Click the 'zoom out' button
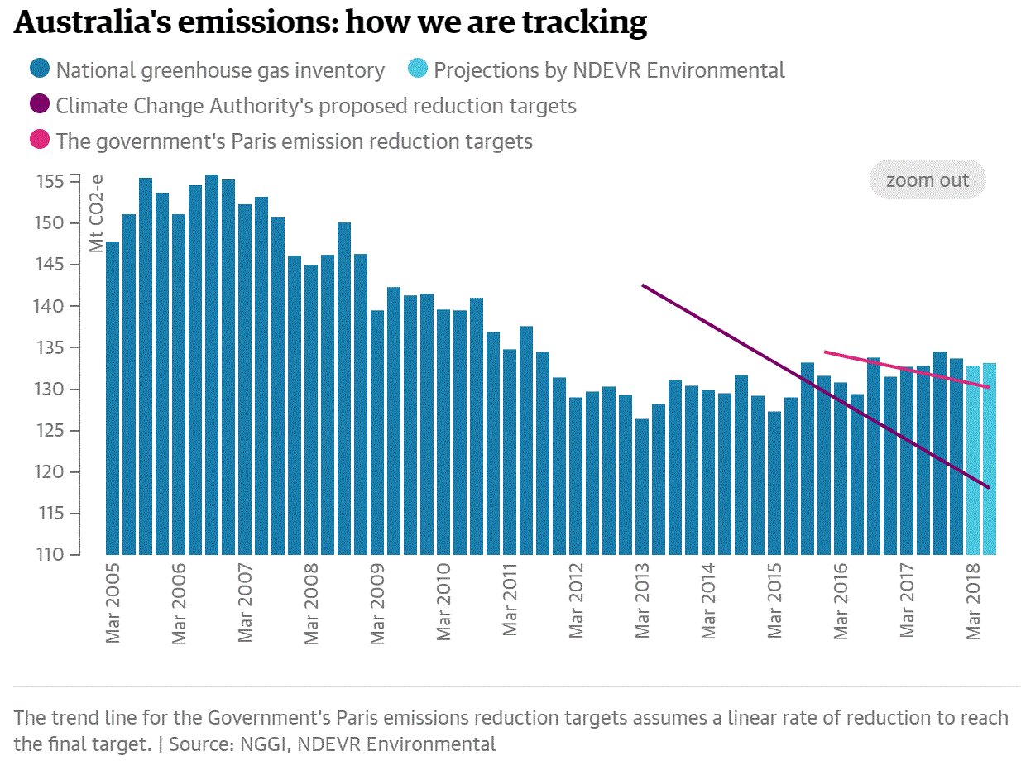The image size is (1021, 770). (x=927, y=180)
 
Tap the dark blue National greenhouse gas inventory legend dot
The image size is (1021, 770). (x=39, y=70)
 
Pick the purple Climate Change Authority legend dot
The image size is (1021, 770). (x=39, y=106)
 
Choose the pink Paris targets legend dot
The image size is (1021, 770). (x=39, y=141)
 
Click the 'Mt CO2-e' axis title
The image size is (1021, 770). (x=97, y=213)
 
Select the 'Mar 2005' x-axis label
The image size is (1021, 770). (x=113, y=604)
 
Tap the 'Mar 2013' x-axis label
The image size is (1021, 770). (x=643, y=604)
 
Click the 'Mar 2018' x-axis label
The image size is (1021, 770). (x=974, y=604)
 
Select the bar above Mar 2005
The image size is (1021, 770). (x=113, y=397)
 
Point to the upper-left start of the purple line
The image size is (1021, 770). (x=644, y=285)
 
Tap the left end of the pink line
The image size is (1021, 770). (x=825, y=352)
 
